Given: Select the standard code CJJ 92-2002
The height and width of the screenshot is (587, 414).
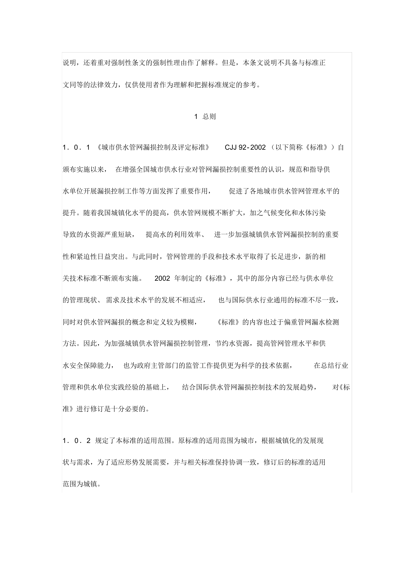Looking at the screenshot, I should [x=245, y=148].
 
